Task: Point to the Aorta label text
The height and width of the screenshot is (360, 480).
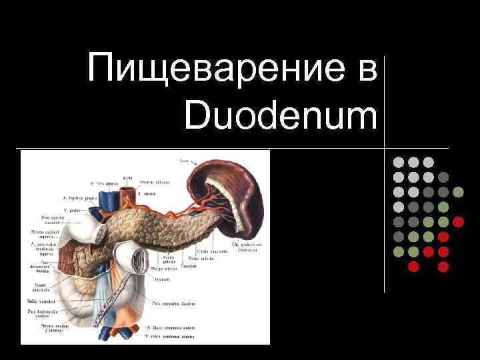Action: click(127, 178)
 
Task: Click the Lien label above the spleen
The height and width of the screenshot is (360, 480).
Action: click(183, 161)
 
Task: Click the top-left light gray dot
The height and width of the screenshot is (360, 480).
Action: click(398, 162)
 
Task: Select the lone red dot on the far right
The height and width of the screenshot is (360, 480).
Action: click(458, 222)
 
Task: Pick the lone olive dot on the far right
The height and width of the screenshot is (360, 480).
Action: click(458, 192)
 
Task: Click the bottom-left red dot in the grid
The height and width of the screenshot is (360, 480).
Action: click(413, 267)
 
